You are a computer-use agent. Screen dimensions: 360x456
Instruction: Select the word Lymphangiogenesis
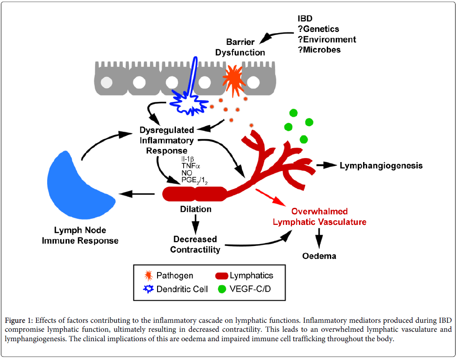pyautogui.click(x=381, y=166)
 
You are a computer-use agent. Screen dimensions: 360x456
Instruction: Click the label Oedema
pyautogui.click(x=319, y=256)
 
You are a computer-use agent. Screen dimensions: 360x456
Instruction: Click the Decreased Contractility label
pyautogui.click(x=195, y=244)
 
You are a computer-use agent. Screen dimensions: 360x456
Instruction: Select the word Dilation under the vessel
pyautogui.click(x=195, y=209)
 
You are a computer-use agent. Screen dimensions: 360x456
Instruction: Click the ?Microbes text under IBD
pyautogui.click(x=319, y=49)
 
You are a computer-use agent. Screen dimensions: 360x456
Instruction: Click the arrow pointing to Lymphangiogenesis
pyautogui.click(x=326, y=165)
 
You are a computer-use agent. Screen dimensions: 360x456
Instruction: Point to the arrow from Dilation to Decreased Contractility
pyautogui.click(x=195, y=223)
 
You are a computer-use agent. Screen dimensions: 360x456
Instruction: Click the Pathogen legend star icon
pyautogui.click(x=148, y=275)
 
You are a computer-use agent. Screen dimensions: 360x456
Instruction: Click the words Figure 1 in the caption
pyautogui.click(x=18, y=320)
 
